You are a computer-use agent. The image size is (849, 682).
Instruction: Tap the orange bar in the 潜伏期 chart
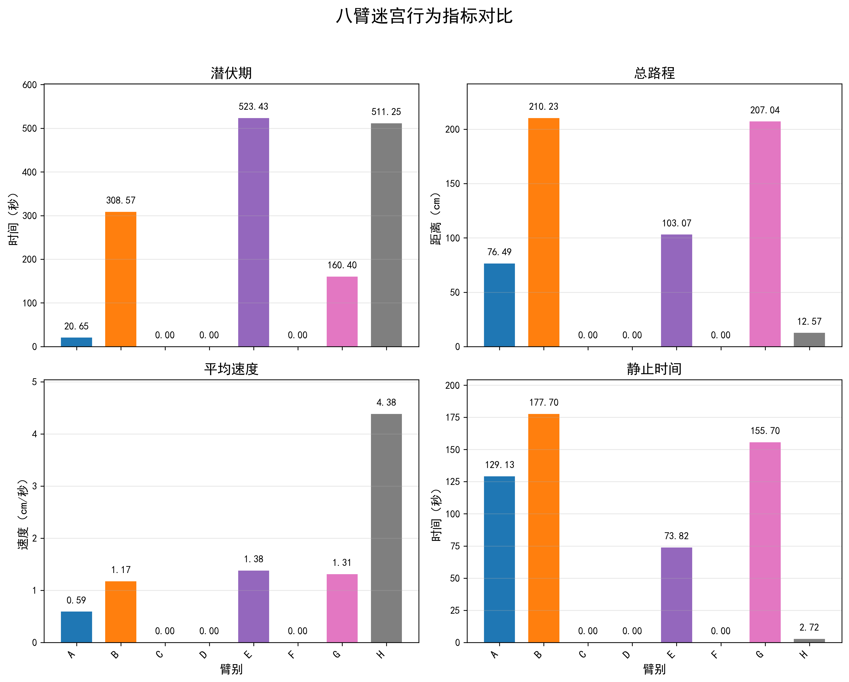point(121,279)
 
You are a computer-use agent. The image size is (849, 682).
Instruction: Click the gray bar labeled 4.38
point(386,528)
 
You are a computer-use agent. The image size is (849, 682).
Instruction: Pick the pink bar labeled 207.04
point(765,234)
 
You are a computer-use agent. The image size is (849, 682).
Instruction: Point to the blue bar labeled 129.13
point(499,559)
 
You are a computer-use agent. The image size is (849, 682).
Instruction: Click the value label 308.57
point(121,200)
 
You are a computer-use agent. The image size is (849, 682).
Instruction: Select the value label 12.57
point(809,322)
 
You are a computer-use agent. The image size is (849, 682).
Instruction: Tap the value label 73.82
point(676,536)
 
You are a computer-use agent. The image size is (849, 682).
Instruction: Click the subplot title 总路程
point(654,73)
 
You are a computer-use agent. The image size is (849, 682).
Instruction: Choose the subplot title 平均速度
point(231,369)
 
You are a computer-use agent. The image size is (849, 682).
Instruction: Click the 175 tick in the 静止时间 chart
point(452,417)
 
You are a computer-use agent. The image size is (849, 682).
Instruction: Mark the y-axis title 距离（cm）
point(435,219)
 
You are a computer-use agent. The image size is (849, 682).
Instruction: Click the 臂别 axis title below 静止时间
point(654,669)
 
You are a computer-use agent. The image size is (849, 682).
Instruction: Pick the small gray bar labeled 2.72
point(809,641)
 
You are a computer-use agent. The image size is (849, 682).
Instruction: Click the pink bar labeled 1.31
point(342,608)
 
